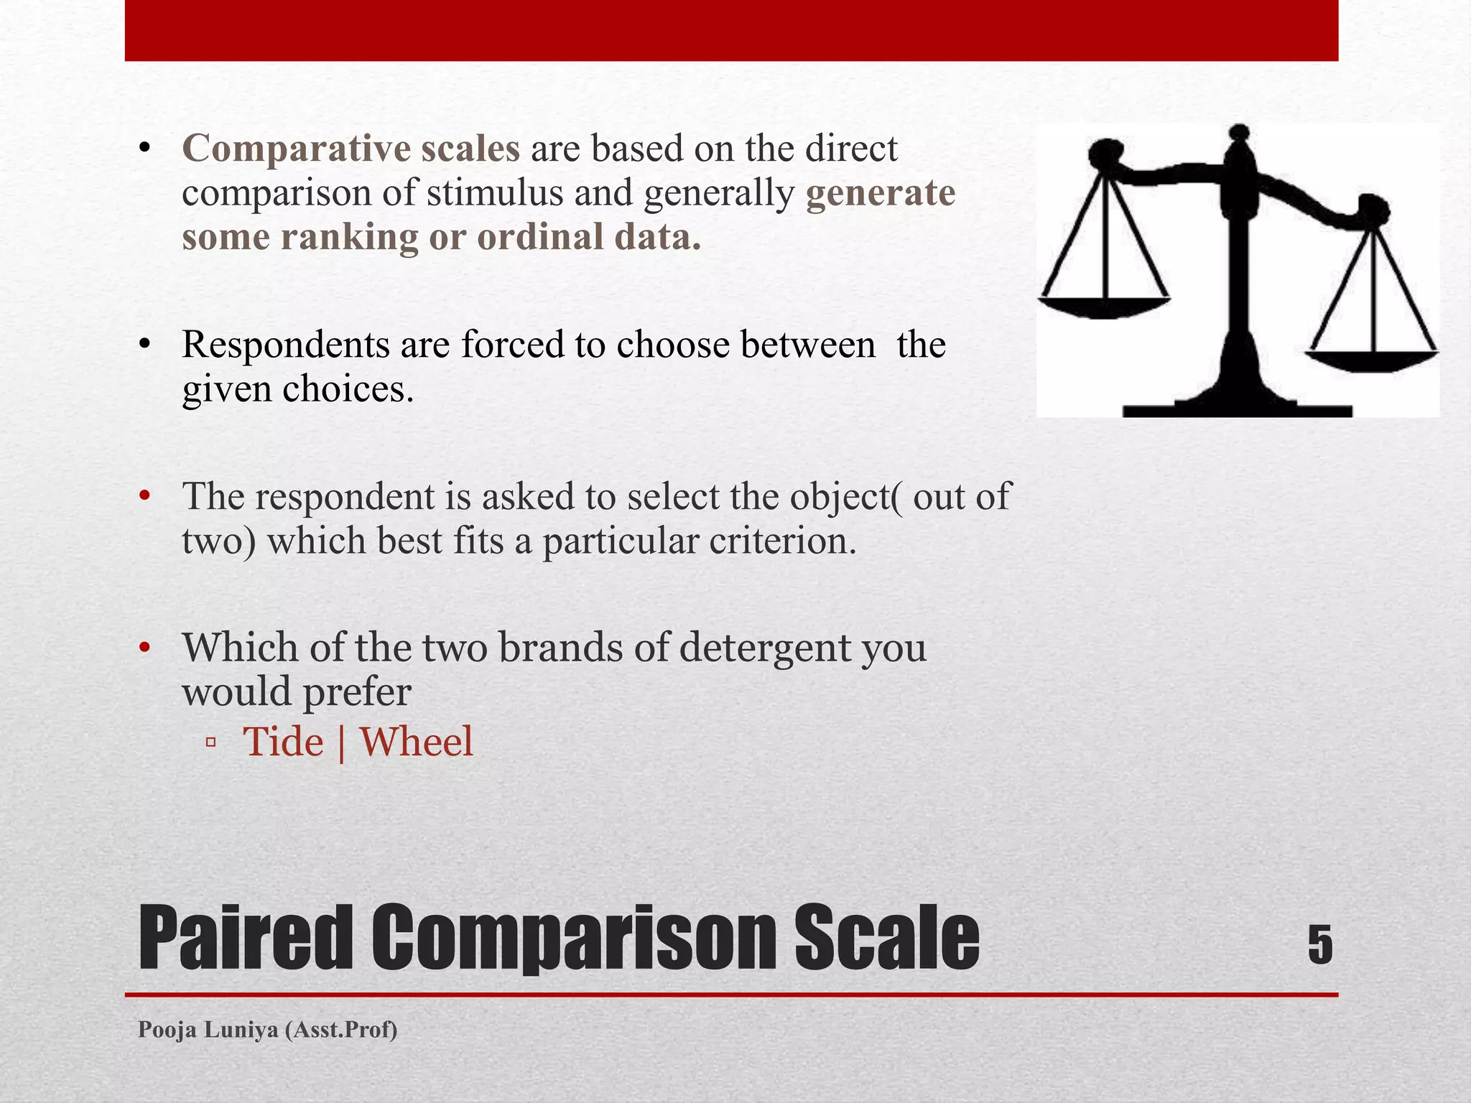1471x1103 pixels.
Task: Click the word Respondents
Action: [x=285, y=345]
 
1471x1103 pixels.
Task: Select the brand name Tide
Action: [x=283, y=742]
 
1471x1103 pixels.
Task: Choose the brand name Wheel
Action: [x=416, y=742]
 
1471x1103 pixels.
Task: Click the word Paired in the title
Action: [x=244, y=938]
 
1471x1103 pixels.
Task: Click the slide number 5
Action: [x=1319, y=945]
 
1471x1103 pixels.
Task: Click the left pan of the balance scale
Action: [x=1104, y=306]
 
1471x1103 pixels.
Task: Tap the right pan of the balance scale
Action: [x=1372, y=359]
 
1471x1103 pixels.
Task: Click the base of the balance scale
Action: [x=1237, y=408]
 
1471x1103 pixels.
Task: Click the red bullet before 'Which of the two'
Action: [x=145, y=648]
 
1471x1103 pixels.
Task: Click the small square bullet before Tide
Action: [x=210, y=743]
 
